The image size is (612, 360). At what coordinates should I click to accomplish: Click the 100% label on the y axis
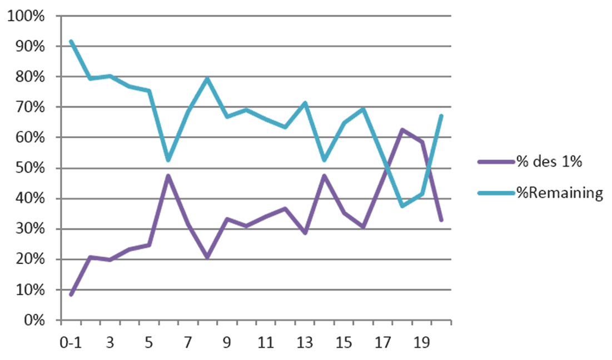click(25, 16)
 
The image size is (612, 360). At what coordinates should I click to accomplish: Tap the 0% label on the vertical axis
click(33, 321)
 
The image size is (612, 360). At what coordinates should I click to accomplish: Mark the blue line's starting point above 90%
click(71, 41)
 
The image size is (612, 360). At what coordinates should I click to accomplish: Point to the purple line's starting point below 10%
click(71, 294)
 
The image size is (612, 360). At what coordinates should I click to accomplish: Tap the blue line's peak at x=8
click(207, 78)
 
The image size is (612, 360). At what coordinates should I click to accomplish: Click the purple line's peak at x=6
click(168, 176)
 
